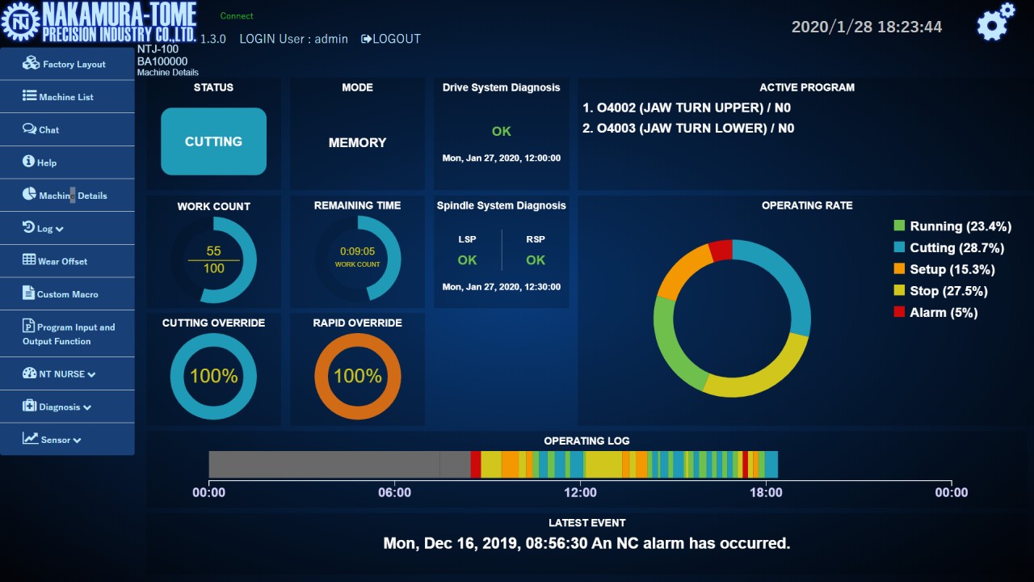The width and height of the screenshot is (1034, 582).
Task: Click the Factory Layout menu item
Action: click(x=66, y=64)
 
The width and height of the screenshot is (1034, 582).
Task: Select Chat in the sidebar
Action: click(x=42, y=129)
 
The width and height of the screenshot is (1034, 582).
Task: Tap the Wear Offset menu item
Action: click(x=56, y=261)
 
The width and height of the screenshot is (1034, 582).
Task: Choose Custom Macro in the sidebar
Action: click(x=61, y=294)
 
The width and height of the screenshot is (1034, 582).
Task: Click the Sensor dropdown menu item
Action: click(x=53, y=440)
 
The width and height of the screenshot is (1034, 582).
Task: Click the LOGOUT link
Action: click(x=391, y=39)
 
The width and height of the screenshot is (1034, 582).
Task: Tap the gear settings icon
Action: click(x=994, y=23)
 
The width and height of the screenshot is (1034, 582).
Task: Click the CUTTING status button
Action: click(x=213, y=141)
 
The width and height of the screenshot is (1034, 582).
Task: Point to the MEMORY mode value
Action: click(x=357, y=142)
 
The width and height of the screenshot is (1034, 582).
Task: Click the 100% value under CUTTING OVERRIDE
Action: click(x=213, y=376)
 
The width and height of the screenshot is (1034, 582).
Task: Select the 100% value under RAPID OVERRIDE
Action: click(x=357, y=376)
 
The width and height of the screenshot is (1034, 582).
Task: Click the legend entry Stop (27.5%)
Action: click(x=948, y=291)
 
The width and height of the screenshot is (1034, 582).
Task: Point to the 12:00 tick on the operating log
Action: click(x=580, y=492)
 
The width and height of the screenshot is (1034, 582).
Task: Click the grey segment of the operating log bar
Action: click(x=339, y=465)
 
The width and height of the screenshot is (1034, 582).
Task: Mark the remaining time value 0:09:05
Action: click(x=357, y=251)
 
